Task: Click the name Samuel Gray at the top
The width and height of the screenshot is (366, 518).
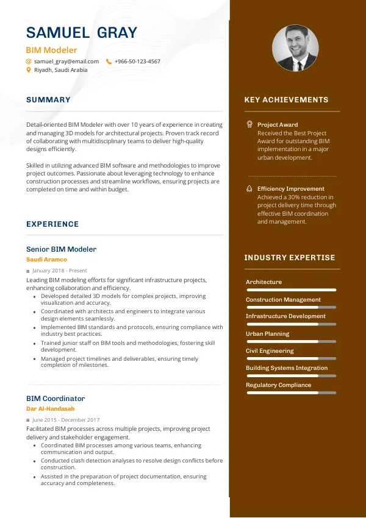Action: [82, 32]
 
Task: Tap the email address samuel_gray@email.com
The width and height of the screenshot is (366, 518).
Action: [66, 62]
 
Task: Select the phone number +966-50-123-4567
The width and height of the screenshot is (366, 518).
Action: [137, 62]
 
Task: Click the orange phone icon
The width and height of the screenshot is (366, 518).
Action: [109, 62]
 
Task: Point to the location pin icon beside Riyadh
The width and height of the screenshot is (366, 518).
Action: [29, 70]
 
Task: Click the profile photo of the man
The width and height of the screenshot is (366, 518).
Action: [295, 48]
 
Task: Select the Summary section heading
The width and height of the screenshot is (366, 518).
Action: [48, 100]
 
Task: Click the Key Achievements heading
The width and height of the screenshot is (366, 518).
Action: [286, 100]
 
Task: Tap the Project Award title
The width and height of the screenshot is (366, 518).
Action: [278, 125]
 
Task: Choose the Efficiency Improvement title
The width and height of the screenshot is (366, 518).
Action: [290, 189]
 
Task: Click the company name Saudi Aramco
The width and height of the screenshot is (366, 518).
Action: [46, 260]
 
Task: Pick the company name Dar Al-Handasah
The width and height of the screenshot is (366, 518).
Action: [50, 409]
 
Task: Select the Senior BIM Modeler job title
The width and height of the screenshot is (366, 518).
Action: [61, 249]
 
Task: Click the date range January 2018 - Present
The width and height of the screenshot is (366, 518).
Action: [60, 271]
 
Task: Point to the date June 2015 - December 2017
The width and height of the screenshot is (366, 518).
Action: [66, 420]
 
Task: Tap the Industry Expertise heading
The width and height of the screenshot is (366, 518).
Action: [290, 258]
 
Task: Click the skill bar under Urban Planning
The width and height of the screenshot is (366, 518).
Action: [291, 341]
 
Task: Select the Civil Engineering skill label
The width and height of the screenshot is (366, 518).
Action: [270, 351]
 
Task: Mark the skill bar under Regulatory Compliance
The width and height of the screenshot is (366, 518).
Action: [291, 393]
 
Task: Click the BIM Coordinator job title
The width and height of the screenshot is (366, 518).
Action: [56, 399]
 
